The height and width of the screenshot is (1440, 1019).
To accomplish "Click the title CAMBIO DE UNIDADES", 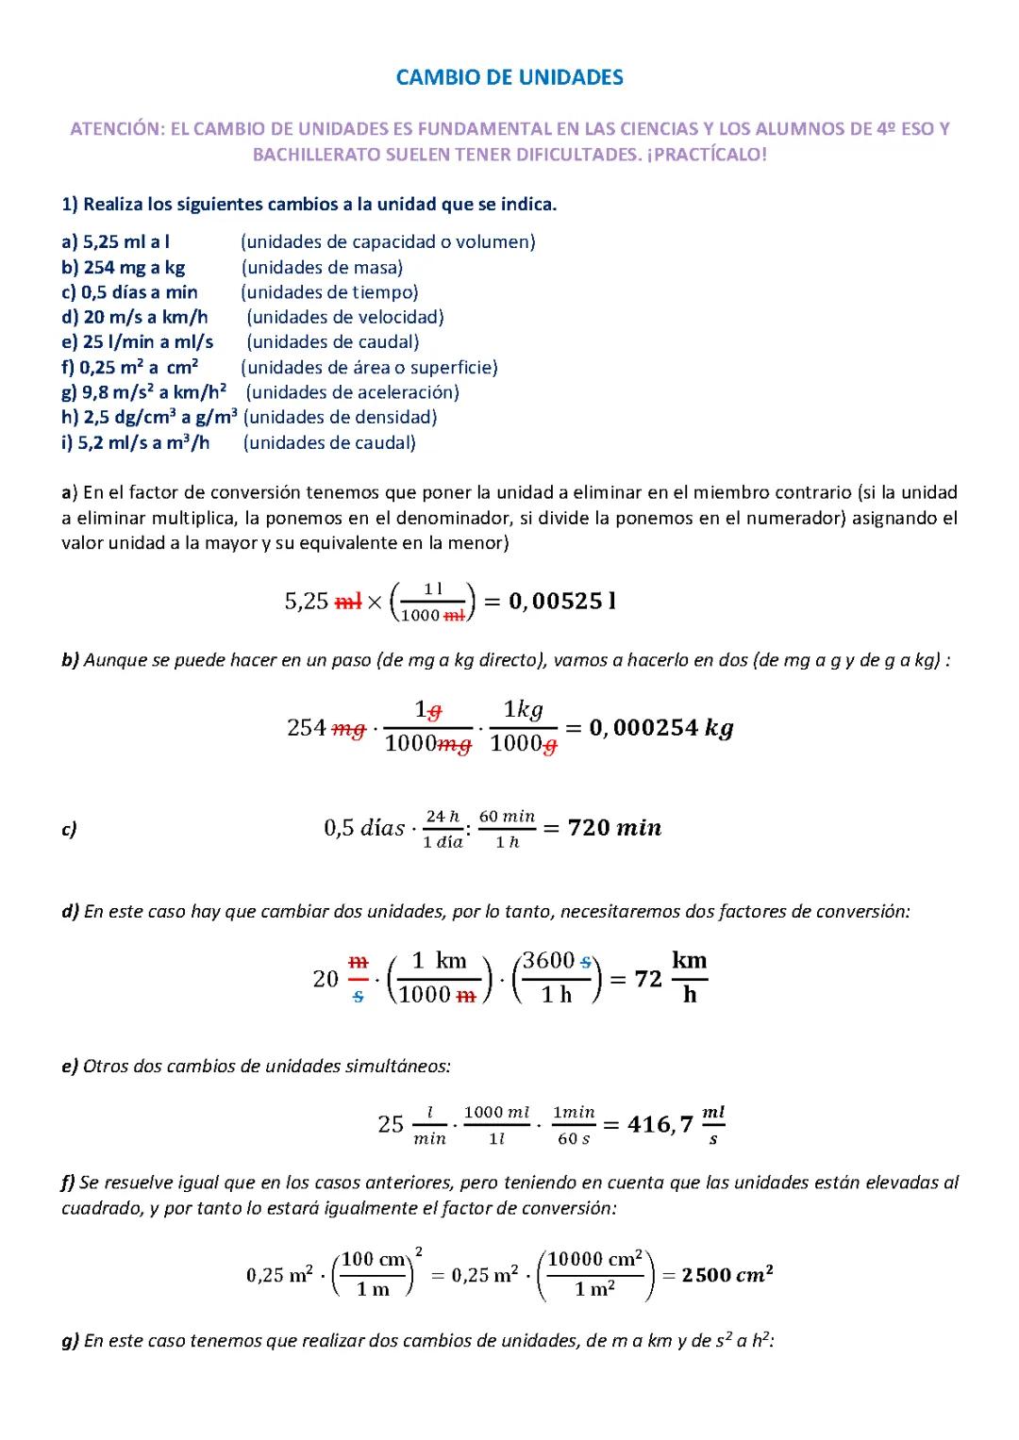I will (509, 77).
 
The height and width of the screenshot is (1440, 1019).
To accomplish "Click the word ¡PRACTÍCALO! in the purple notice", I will (707, 155).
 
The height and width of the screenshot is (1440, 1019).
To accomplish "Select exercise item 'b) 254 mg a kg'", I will (123, 267).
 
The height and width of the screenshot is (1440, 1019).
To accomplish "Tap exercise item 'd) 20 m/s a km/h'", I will (134, 317).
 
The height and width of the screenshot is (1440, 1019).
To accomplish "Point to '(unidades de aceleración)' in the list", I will (352, 392).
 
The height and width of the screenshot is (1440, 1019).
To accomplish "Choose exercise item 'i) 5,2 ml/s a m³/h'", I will (135, 442).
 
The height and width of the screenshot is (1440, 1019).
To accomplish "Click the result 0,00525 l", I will (562, 601).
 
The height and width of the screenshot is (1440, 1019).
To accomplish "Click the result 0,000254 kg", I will (660, 727).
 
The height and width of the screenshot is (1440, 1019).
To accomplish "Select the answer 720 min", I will (614, 828).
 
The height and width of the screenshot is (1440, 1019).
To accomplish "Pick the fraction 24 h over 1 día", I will (443, 829).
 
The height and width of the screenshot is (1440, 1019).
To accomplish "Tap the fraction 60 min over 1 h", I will (507, 829).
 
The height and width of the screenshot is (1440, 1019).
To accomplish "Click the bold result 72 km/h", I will (671, 978).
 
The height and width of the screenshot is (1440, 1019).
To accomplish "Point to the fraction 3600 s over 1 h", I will (557, 978).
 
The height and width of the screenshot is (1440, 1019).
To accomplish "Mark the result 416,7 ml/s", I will (676, 1124).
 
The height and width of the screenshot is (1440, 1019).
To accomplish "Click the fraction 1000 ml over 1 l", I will (496, 1125).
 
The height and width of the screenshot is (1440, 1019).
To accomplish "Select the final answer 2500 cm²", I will (727, 1275).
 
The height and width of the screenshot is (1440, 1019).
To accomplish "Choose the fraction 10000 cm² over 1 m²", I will (595, 1274).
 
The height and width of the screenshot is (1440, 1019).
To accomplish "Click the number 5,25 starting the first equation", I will (307, 602).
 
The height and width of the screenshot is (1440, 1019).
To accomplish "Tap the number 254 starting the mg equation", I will (307, 728).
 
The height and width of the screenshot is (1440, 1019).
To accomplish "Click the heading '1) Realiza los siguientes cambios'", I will (309, 204).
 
